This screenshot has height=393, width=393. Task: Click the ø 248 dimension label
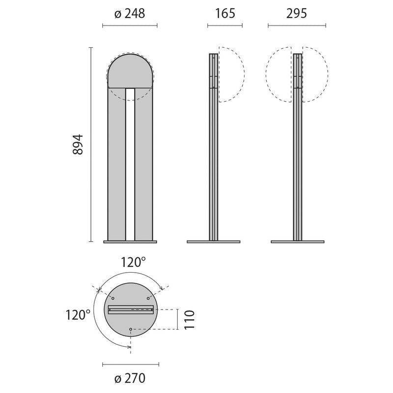(130, 14)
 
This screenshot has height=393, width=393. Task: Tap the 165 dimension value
(225, 14)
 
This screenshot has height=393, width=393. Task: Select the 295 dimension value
(297, 14)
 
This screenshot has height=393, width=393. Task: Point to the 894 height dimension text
(78, 144)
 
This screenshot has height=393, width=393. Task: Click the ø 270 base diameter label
(130, 378)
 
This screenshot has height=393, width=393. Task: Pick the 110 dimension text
(189, 320)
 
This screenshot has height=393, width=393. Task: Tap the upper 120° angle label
(133, 262)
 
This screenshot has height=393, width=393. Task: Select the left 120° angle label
(78, 315)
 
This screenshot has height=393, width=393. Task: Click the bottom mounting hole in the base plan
(131, 329)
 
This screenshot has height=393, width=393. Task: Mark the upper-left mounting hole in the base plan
(113, 298)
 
